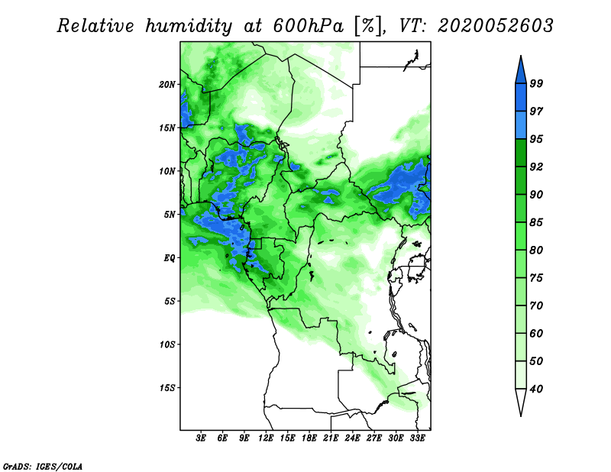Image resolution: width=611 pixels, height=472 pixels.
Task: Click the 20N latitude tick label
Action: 167,85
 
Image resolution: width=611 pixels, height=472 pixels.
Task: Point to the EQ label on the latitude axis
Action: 170,258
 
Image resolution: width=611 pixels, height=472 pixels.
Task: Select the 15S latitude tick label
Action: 167,388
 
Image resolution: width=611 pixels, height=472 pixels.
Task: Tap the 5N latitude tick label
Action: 170,215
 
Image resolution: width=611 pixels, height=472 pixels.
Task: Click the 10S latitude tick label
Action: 167,344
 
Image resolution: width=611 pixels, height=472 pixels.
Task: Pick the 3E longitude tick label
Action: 201,438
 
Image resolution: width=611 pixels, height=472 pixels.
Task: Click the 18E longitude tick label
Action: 309,438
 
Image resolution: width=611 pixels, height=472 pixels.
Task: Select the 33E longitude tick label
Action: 417,438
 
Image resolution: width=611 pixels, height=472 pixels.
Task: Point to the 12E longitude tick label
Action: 266,438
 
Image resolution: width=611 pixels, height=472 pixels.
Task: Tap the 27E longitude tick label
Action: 374,438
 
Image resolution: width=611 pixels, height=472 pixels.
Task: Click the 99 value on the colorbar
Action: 536,83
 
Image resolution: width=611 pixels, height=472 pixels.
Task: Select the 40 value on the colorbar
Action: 536,389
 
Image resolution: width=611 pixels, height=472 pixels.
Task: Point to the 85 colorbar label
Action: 536,222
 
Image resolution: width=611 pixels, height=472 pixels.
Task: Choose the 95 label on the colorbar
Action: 536,139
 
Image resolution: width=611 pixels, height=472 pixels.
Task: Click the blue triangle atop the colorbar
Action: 521,72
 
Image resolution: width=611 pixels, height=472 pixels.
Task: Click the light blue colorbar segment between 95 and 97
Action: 521,125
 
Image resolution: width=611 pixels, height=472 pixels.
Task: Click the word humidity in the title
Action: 189,26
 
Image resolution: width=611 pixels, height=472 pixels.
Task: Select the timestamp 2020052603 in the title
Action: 495,26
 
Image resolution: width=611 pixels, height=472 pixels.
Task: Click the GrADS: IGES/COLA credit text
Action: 43,466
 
